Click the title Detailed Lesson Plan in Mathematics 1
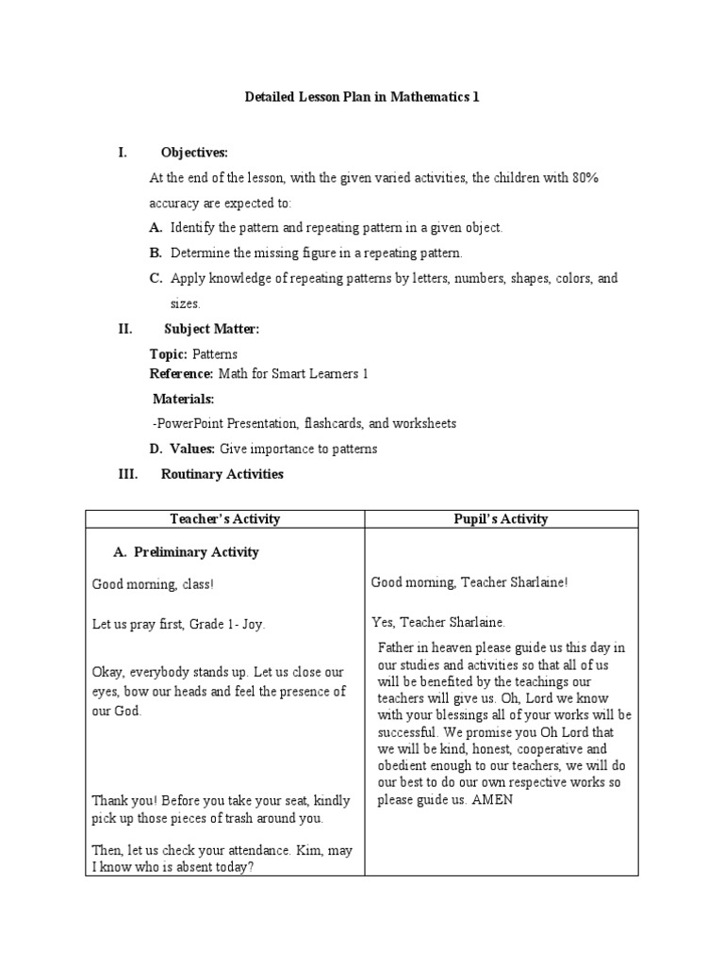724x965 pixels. (363, 97)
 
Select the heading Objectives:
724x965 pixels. (194, 153)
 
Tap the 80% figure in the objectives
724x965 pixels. (582, 178)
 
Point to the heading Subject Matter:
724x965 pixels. (211, 329)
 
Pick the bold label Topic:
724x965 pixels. (169, 354)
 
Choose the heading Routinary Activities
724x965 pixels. (222, 474)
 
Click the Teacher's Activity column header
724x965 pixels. (224, 519)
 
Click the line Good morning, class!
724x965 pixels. (153, 585)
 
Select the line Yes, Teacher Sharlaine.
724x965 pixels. (438, 622)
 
